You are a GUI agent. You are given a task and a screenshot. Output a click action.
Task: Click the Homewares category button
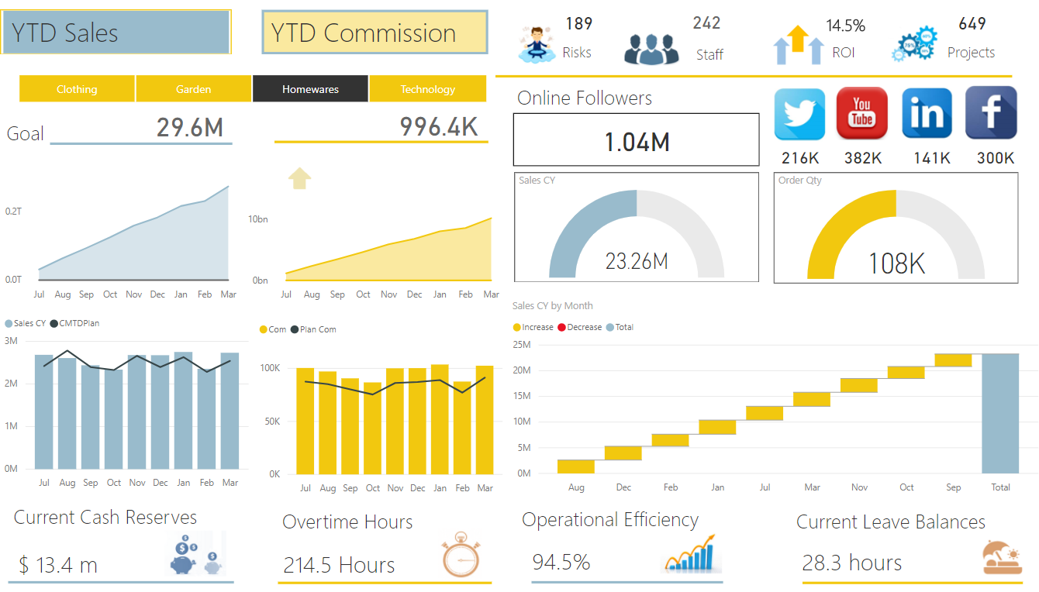tap(310, 89)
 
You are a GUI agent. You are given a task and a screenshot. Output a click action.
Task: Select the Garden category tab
tap(193, 89)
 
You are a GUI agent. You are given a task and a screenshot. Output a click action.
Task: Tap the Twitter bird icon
tap(801, 113)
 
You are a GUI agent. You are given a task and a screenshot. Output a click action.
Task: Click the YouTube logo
tap(862, 113)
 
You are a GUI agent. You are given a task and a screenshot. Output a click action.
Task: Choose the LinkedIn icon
tap(927, 113)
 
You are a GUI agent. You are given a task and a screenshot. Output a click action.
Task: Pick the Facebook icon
tap(991, 113)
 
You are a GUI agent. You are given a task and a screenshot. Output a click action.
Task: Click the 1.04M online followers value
tap(637, 142)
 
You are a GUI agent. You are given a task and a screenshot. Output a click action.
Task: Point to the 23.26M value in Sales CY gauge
tap(637, 261)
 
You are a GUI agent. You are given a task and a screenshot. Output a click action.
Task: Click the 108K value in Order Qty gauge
tap(896, 263)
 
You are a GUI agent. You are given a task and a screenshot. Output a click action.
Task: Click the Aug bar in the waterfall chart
tap(576, 466)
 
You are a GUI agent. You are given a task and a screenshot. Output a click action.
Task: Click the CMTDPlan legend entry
tap(80, 323)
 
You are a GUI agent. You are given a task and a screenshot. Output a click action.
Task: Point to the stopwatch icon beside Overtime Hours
tap(461, 555)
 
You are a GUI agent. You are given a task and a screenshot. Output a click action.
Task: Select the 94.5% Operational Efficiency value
tap(561, 562)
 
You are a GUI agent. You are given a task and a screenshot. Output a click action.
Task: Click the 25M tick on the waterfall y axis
tap(522, 344)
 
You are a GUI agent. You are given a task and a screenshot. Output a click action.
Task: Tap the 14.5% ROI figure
tap(845, 26)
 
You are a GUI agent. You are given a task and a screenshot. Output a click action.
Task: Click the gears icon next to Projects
tap(915, 44)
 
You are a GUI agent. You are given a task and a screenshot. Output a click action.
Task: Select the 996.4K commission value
tap(439, 126)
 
